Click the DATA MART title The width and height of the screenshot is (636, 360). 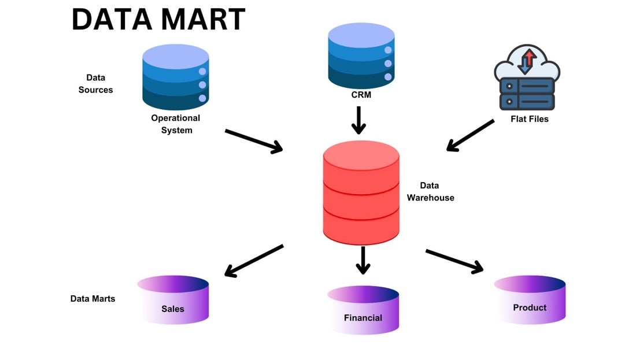pos(158,20)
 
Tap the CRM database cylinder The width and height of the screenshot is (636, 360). pos(361,55)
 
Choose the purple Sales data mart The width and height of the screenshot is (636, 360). pos(173,299)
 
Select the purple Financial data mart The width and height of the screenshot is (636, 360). pos(363,309)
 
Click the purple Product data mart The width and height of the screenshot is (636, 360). pos(530,299)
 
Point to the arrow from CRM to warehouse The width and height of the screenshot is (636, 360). pos(360,120)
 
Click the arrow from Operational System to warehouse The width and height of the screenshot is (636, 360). pos(254,141)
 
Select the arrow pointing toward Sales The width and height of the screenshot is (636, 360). pos(254,261)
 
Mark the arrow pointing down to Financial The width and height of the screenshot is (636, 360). pos(363,260)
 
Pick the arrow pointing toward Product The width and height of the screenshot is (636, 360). pos(454,261)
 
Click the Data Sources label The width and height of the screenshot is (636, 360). pos(95,84)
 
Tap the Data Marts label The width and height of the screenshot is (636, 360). pos(93,299)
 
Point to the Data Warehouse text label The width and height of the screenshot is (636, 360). pos(430,191)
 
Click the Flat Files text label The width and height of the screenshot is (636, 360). pos(530,119)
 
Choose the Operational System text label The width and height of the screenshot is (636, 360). pos(176,124)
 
